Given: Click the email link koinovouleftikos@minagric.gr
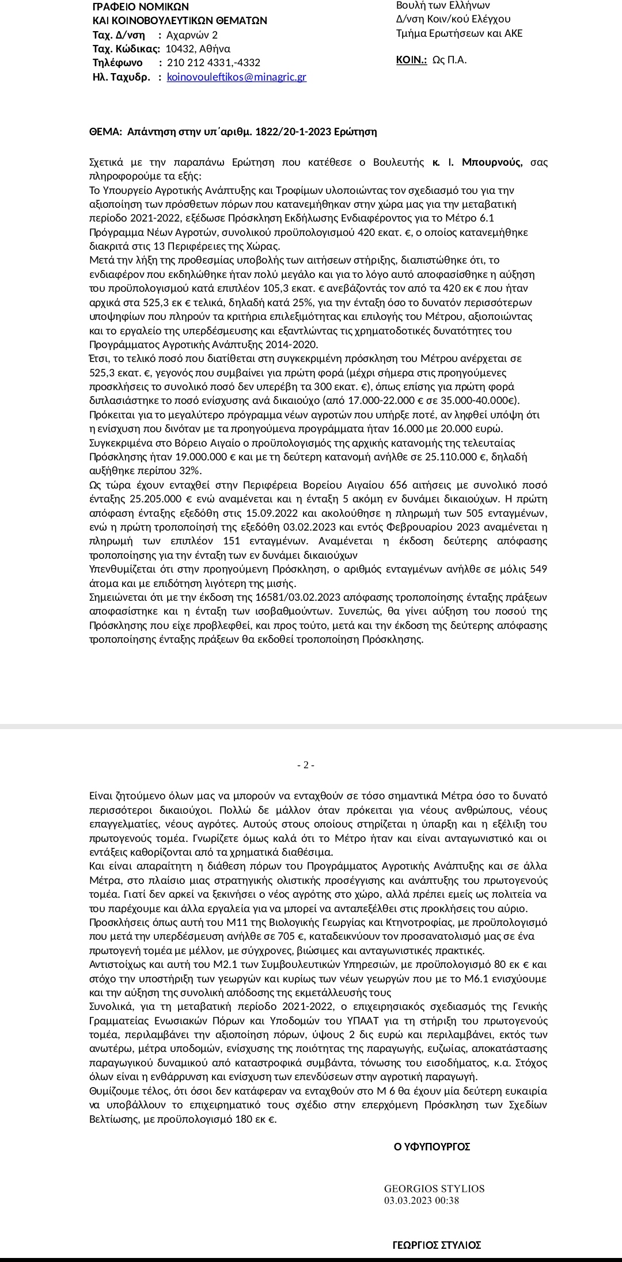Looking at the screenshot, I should pyautogui.click(x=236, y=77).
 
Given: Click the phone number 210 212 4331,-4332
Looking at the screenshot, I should pyautogui.click(x=213, y=63).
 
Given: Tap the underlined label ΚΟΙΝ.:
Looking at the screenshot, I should pyautogui.click(x=411, y=60).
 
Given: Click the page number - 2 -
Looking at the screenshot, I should pyautogui.click(x=305, y=765).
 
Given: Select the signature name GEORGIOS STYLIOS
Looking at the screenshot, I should pyautogui.click(x=434, y=1189).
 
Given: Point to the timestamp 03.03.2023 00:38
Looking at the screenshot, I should pyautogui.click(x=422, y=1200).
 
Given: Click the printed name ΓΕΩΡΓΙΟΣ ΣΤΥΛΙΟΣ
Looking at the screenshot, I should pyautogui.click(x=437, y=1245).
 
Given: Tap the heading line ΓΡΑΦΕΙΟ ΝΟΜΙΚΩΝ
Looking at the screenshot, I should pyautogui.click(x=141, y=7).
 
